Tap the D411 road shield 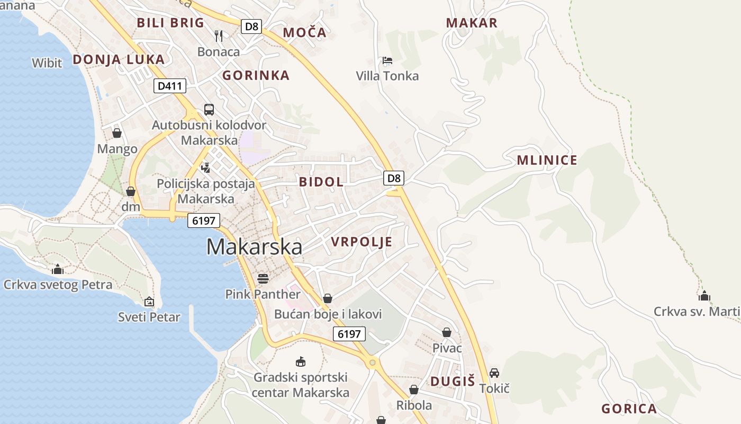pyautogui.click(x=170, y=86)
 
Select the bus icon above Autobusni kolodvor pyautogui.click(x=209, y=110)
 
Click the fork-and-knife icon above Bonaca pyautogui.click(x=219, y=36)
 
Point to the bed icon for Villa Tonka pyautogui.click(x=387, y=60)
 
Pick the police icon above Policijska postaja pyautogui.click(x=206, y=167)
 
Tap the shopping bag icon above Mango pyautogui.click(x=117, y=132)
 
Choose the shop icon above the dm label pyautogui.click(x=131, y=191)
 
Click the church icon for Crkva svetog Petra pyautogui.click(x=58, y=269)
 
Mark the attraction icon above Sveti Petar pyautogui.click(x=149, y=302)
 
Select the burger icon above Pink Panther pyautogui.click(x=263, y=278)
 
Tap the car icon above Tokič pyautogui.click(x=494, y=373)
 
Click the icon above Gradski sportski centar pyautogui.click(x=301, y=361)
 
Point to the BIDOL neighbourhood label pyautogui.click(x=321, y=182)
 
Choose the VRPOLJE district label pyautogui.click(x=362, y=242)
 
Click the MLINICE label pyautogui.click(x=547, y=161)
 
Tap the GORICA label pyautogui.click(x=629, y=409)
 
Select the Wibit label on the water pyautogui.click(x=47, y=63)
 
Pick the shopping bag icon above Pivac pyautogui.click(x=447, y=332)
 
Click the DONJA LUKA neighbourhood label pyautogui.click(x=119, y=59)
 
